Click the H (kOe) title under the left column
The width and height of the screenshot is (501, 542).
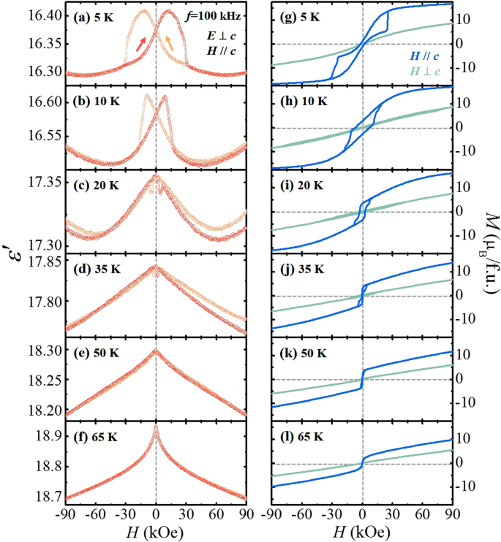click(156, 531)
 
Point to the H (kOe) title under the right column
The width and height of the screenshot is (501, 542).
click(363, 531)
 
